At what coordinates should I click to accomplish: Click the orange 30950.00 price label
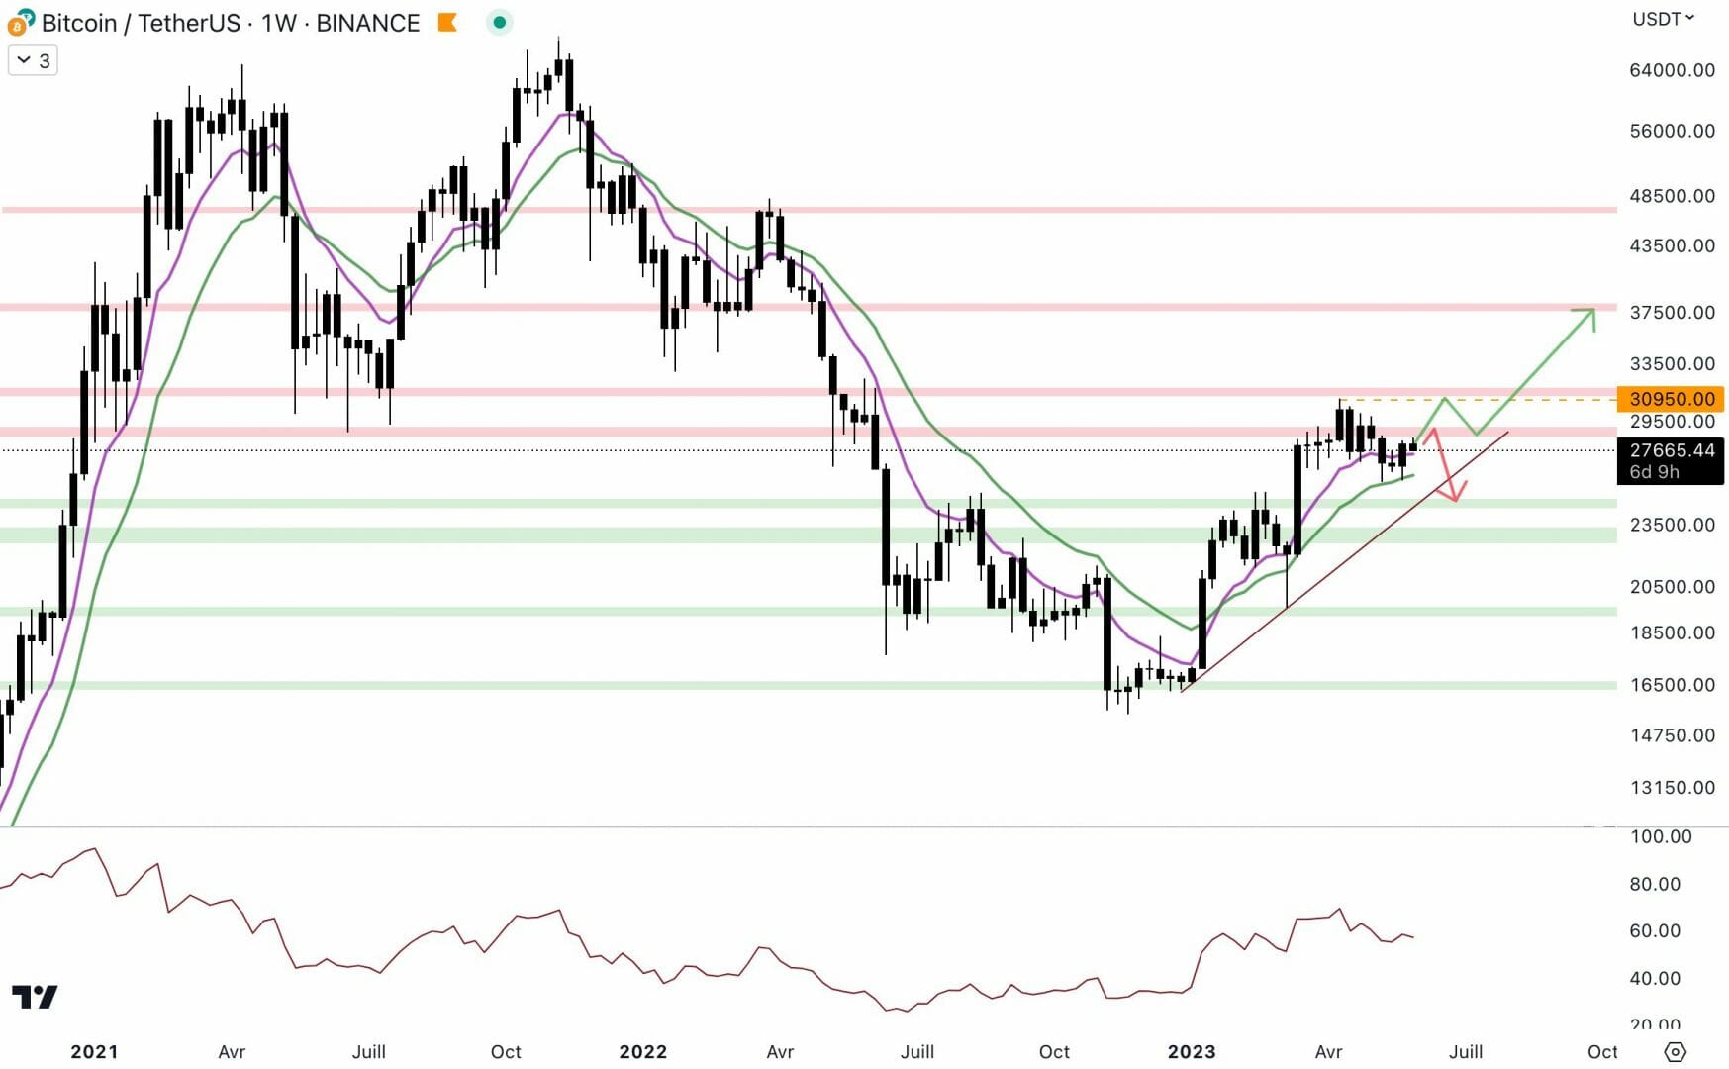tap(1671, 399)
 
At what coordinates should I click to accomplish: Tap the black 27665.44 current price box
tap(1671, 460)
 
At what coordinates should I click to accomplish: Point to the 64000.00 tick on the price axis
tap(1672, 70)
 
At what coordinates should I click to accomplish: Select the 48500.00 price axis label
tap(1672, 196)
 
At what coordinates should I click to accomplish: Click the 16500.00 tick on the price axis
tap(1672, 685)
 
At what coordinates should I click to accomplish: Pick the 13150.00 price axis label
tap(1672, 788)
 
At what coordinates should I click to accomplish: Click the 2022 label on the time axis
tap(642, 1051)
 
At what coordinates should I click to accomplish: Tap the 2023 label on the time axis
tap(1191, 1051)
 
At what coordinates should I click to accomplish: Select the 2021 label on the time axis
tap(94, 1051)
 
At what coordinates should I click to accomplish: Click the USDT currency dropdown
tap(1663, 19)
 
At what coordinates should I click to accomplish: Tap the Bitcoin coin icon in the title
tap(19, 22)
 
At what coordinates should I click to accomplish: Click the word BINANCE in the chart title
tap(367, 23)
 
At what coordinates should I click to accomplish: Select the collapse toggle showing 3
tap(33, 61)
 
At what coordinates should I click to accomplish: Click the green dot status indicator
tap(500, 22)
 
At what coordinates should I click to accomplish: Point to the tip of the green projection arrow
tap(1593, 311)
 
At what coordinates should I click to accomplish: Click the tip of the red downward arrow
tap(1456, 500)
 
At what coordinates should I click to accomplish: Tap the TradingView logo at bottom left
tap(35, 996)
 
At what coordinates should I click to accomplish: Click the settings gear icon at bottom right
tap(1675, 1051)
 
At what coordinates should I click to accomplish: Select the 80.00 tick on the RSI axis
tap(1655, 884)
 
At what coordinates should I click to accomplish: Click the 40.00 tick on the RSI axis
tap(1655, 978)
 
